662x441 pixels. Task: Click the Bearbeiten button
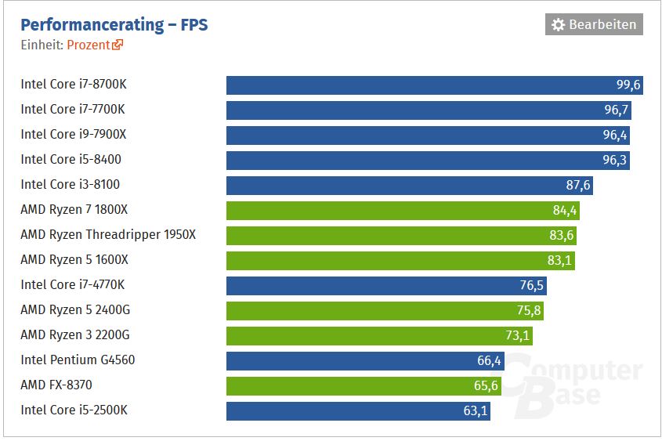click(x=594, y=24)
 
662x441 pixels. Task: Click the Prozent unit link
click(x=89, y=45)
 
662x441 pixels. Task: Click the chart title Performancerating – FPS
click(x=114, y=25)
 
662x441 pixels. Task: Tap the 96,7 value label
click(x=616, y=110)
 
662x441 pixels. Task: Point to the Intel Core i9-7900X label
click(x=73, y=135)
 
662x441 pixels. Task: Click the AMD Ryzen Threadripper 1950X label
click(x=108, y=235)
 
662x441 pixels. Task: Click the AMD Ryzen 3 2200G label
click(x=75, y=335)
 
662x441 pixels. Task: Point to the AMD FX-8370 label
click(x=62, y=385)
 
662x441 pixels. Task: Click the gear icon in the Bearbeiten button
click(x=558, y=25)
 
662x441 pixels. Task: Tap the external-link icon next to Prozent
click(x=118, y=45)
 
